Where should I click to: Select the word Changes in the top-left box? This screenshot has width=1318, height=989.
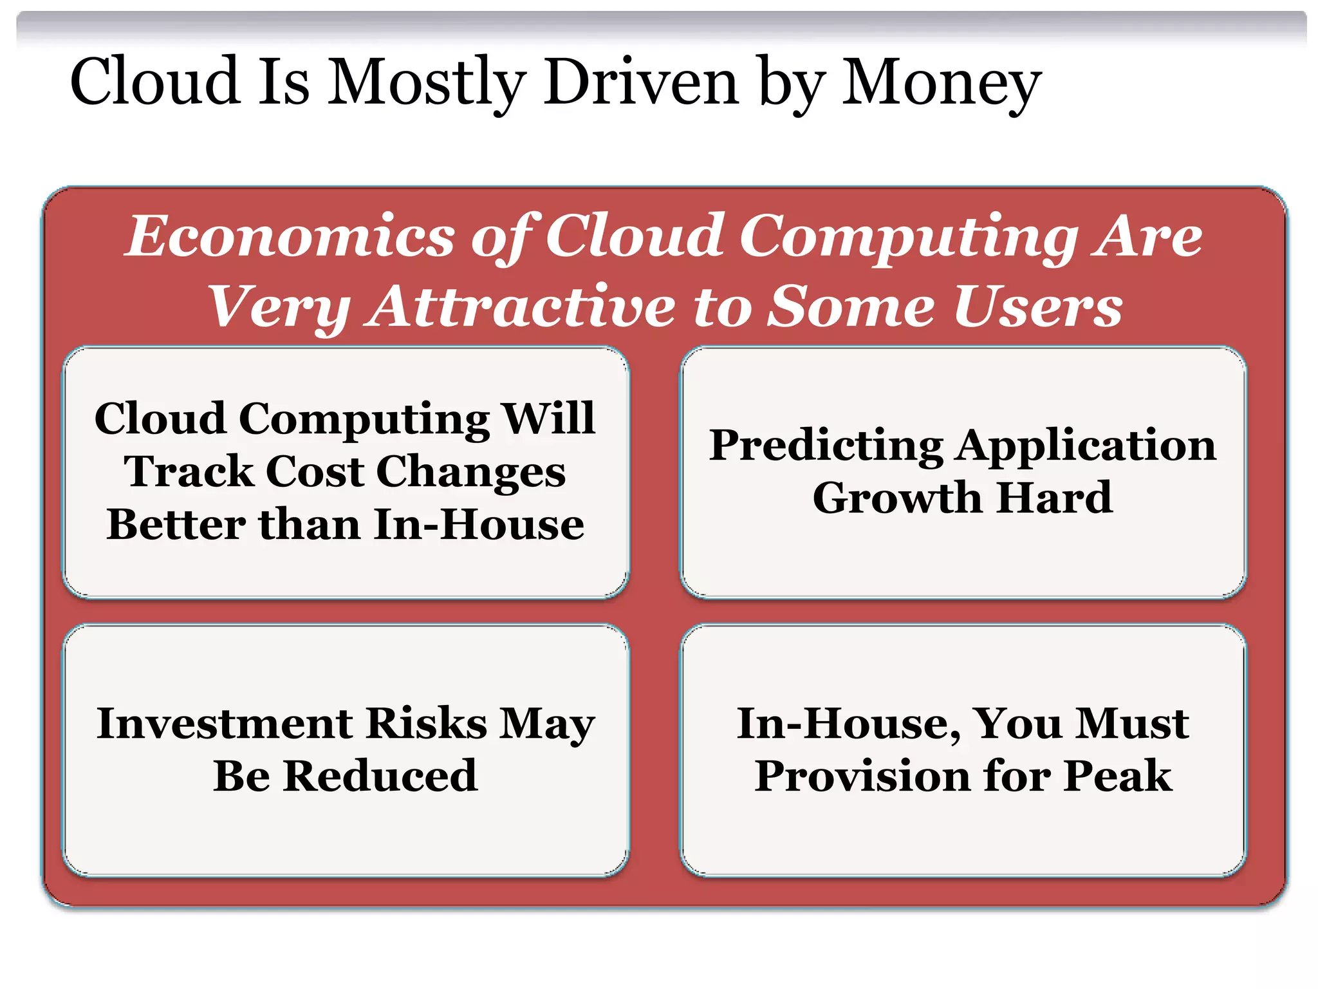click(470, 472)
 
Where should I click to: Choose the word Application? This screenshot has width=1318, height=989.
click(1086, 446)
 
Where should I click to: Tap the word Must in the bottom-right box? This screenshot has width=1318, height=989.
click(1133, 723)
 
